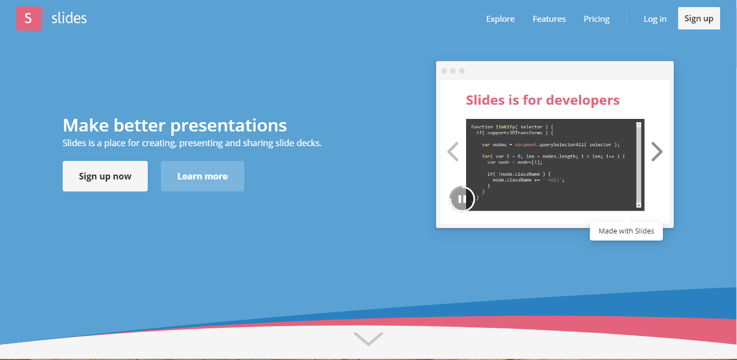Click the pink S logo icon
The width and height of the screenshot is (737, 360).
pyautogui.click(x=28, y=19)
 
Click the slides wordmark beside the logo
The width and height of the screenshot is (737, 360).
pyautogui.click(x=69, y=19)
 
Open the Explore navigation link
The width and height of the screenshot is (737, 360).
pyautogui.click(x=500, y=19)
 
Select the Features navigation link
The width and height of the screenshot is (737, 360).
pyautogui.click(x=549, y=19)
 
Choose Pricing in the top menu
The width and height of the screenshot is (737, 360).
pyautogui.click(x=596, y=19)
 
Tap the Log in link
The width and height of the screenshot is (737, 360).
pyautogui.click(x=655, y=19)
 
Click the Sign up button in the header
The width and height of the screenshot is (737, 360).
pyautogui.click(x=698, y=19)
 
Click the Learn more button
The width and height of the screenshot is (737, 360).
pyautogui.click(x=202, y=176)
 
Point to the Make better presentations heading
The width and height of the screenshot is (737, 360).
pyautogui.click(x=174, y=125)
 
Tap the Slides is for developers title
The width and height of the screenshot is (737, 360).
pyautogui.click(x=542, y=100)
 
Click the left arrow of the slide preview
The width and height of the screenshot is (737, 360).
pyautogui.click(x=452, y=152)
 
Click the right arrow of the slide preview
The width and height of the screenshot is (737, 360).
pyautogui.click(x=657, y=152)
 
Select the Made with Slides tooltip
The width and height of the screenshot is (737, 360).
pyautogui.click(x=626, y=231)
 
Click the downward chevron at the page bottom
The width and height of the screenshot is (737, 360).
pyautogui.click(x=368, y=339)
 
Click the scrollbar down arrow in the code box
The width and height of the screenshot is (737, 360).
pyautogui.click(x=639, y=205)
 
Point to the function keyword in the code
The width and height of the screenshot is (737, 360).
pyautogui.click(x=482, y=127)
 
